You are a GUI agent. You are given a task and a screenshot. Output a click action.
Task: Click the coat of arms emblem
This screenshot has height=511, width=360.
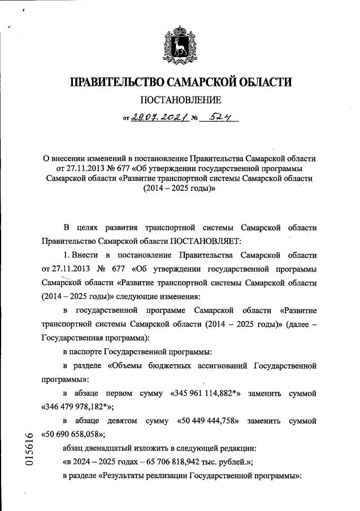[180, 42]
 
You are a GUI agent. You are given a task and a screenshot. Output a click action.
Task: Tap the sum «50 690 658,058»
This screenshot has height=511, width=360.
[73, 435]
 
